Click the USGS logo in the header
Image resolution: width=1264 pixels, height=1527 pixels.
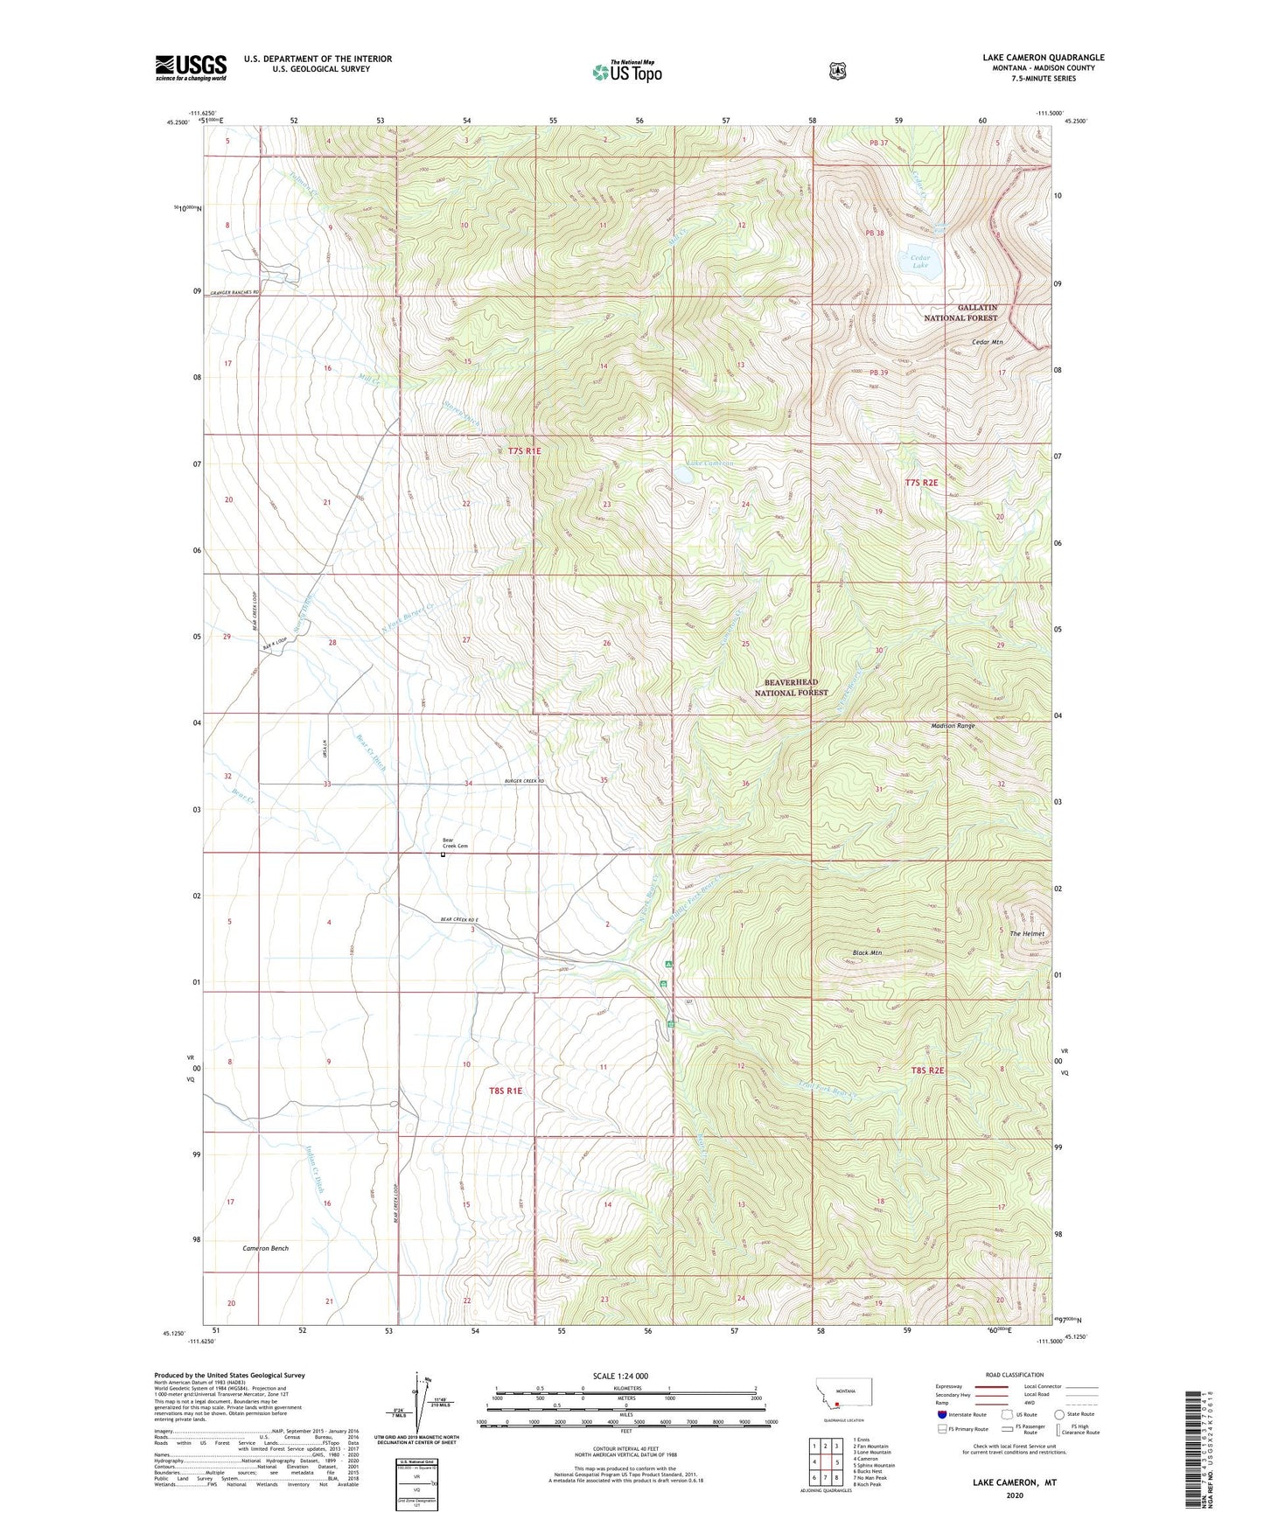[191, 67]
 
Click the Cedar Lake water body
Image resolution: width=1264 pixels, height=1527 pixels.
[920, 261]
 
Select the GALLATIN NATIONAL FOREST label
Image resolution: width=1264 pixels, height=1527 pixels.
[960, 313]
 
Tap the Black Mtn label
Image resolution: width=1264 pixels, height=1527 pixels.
[867, 952]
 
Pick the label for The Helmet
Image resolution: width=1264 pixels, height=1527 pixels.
[1027, 933]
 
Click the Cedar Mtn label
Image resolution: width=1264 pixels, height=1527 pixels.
[987, 342]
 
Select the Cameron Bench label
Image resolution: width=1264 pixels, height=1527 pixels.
[265, 1248]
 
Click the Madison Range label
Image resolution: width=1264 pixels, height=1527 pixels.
[953, 726]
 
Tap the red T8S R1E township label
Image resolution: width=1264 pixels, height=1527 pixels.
[506, 1091]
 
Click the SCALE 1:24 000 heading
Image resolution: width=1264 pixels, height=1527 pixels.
[620, 1376]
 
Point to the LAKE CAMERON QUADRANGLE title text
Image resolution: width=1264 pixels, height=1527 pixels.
[1043, 58]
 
